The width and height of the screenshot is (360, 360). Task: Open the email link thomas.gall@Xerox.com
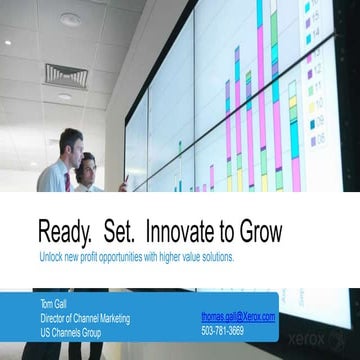tap(238, 316)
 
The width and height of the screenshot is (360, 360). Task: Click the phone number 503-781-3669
tap(222, 330)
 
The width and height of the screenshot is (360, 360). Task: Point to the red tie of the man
tap(67, 181)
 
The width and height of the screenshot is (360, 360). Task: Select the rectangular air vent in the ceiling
tap(65, 74)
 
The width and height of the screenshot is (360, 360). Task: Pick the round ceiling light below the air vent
tap(65, 97)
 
